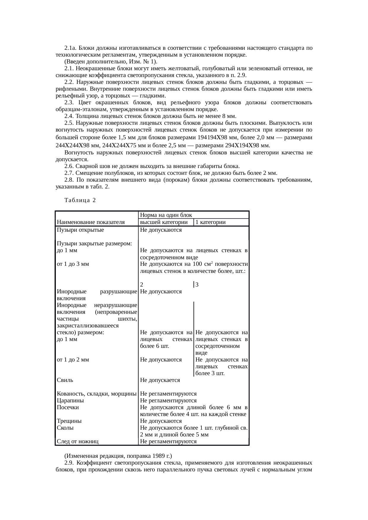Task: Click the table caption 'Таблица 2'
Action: pos(80,200)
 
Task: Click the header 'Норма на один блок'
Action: pos(166,215)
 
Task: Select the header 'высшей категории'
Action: pos(164,222)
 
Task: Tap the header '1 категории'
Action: pos(210,222)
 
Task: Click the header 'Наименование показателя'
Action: pos(91,222)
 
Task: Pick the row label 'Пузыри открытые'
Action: pos(80,230)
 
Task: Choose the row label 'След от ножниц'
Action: pos(77,441)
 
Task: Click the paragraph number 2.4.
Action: pos(69,116)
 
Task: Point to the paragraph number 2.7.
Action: pos(69,173)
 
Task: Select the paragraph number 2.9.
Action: pos(69,463)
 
